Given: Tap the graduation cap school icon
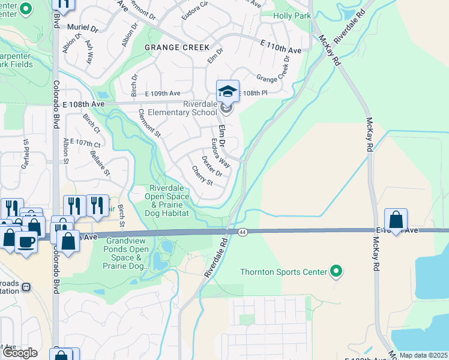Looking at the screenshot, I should click(228, 92).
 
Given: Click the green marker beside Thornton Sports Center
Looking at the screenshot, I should click(336, 272).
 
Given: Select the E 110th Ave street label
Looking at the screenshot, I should click(280, 47).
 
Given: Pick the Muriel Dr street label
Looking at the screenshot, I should click(83, 28).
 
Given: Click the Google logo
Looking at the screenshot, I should click(19, 353).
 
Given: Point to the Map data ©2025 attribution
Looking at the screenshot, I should click(423, 355).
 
